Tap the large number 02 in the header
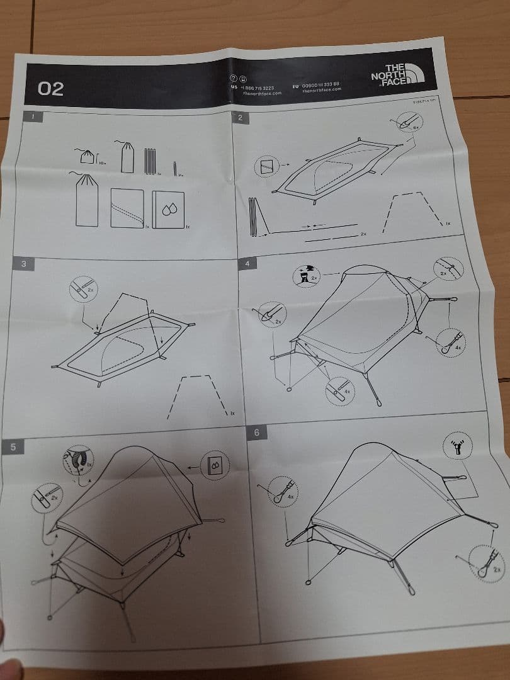[x=51, y=89]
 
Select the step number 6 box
[x=256, y=433]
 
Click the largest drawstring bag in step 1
[x=87, y=200]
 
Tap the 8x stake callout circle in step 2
[x=407, y=123]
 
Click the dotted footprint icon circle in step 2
[x=265, y=167]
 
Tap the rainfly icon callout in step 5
[x=216, y=466]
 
